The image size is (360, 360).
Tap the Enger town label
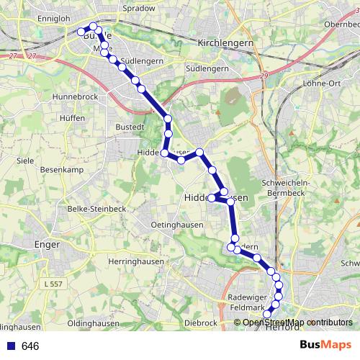click(46, 244)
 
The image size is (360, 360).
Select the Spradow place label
click(140, 8)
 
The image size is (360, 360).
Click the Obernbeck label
click(341, 24)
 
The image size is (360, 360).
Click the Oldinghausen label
click(94, 323)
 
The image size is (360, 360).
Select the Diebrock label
click(201, 323)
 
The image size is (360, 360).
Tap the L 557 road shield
click(54, 286)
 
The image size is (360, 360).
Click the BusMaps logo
click(325, 345)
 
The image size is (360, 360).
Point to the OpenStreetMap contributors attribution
click(297, 323)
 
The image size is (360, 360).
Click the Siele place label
click(25, 160)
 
